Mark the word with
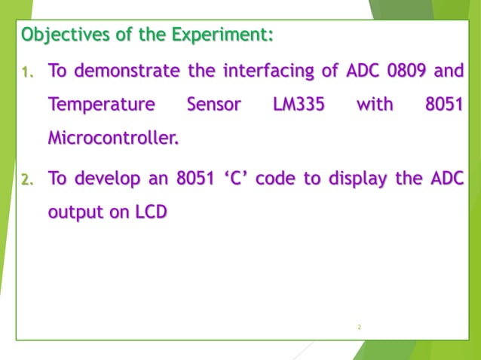[374, 105]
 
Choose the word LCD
[151, 212]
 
